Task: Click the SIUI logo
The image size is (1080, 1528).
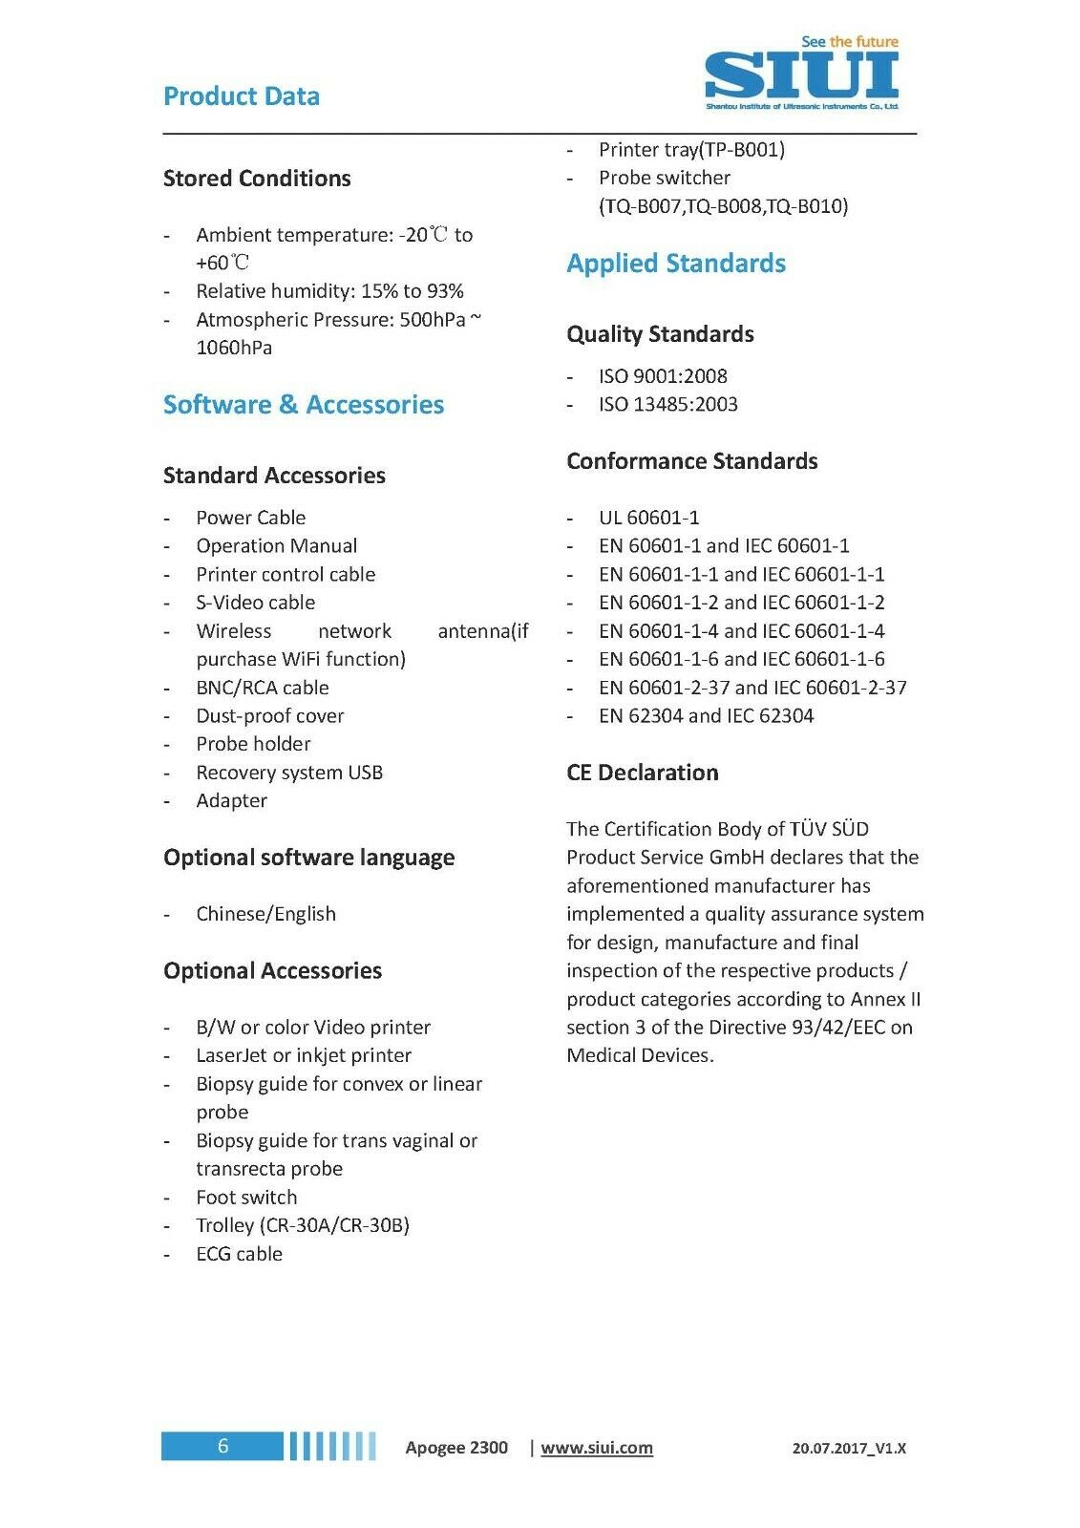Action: point(801,74)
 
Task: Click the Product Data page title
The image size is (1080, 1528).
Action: point(242,96)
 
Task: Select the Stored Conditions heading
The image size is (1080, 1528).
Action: point(257,179)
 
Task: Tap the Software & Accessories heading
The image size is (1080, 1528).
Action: point(304,405)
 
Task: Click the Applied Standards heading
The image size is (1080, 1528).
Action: point(676,264)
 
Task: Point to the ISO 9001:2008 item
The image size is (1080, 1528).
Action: point(663,376)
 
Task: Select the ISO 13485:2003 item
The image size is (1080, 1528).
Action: point(667,404)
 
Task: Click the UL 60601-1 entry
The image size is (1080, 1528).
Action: point(648,518)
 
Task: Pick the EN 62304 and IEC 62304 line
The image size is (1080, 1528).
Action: point(706,715)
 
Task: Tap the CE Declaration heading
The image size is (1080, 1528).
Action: point(642,773)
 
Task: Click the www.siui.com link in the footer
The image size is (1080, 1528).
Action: point(597,1448)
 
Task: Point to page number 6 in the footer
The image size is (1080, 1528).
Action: point(222,1446)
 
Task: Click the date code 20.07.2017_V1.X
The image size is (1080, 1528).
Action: point(849,1449)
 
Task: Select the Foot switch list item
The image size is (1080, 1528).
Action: point(246,1198)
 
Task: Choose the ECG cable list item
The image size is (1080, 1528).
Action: point(239,1254)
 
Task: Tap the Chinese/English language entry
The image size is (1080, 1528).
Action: point(265,914)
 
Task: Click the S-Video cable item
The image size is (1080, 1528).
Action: point(255,603)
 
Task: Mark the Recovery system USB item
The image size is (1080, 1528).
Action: point(289,773)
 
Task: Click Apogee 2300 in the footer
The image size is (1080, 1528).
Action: point(456,1448)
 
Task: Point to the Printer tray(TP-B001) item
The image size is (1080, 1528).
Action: point(691,150)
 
